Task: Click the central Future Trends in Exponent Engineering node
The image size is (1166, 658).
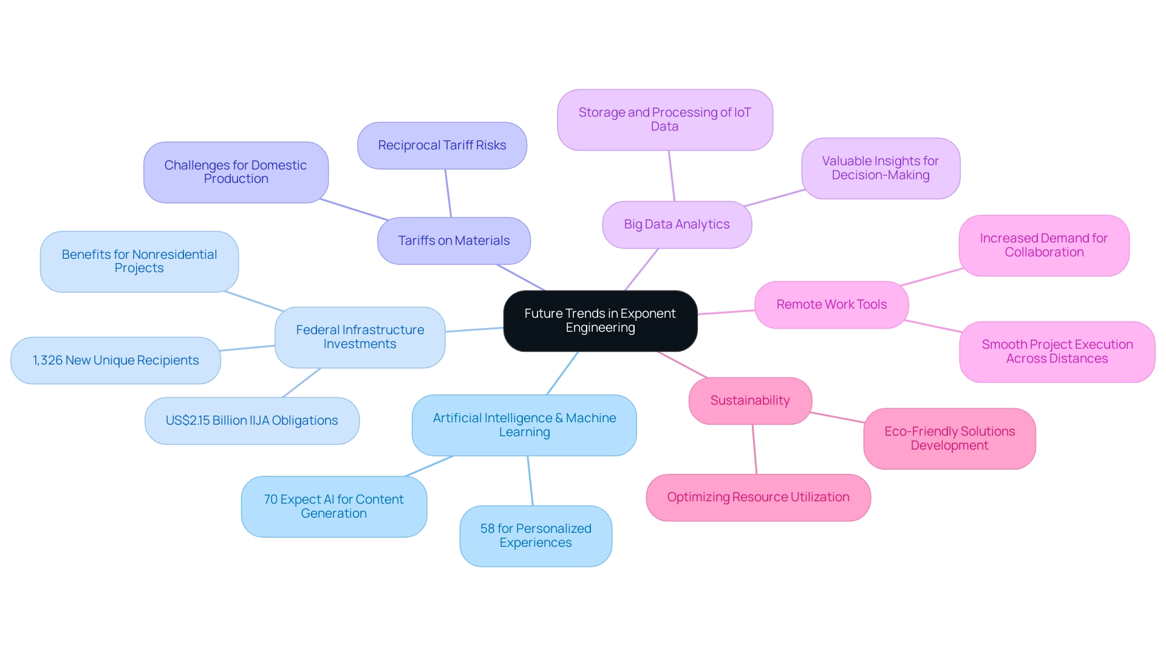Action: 600,321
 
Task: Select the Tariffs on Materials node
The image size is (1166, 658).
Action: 454,241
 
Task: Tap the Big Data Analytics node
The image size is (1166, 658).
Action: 677,224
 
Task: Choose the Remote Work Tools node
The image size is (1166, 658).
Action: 831,304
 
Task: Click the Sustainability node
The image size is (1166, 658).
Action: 750,400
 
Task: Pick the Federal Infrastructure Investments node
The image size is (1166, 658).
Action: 360,337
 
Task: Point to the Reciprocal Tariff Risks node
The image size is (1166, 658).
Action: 442,145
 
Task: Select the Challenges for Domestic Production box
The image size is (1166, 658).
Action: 236,172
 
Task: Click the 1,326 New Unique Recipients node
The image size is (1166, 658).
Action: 115,360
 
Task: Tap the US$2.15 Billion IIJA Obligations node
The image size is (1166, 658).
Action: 251,420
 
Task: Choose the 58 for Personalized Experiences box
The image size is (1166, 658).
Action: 536,536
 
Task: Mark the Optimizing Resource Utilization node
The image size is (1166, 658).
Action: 758,497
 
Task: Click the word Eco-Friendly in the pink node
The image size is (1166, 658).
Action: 913,431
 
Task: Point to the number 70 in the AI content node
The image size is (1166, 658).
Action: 271,499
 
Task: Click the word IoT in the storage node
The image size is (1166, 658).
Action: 743,112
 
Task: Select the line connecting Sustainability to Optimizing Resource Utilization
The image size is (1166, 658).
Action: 755,450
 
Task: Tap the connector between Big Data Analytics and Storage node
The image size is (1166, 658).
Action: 672,176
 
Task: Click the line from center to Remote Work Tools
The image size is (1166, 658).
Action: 726,312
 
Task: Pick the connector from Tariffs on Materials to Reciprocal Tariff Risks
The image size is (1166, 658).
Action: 448,193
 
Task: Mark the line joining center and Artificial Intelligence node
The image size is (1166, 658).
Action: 562,373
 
